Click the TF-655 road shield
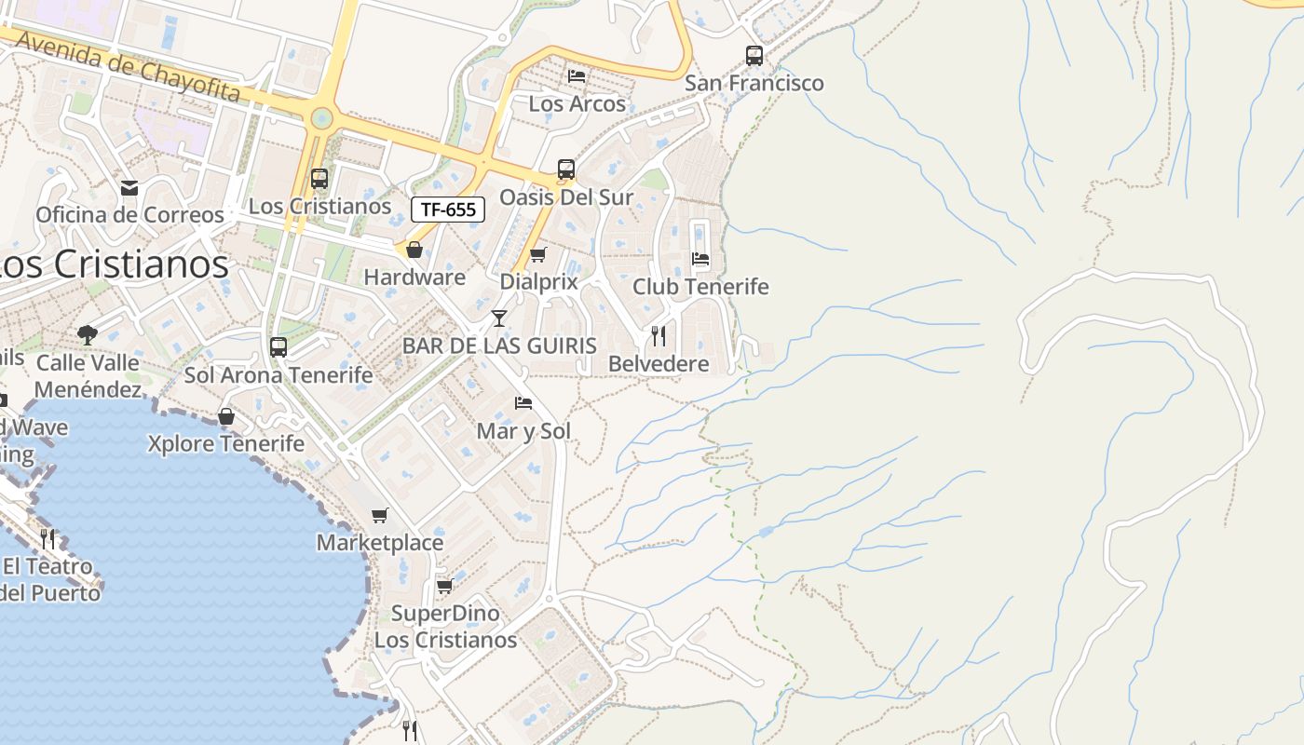448,210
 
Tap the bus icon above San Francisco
754,55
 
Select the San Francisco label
754,83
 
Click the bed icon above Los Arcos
577,75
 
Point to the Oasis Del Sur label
566,197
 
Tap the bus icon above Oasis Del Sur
566,169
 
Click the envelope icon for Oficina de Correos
129,188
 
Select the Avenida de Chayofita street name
129,66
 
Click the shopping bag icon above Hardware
414,250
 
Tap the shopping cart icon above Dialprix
537,254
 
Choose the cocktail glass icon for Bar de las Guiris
499,318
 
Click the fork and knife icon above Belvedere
659,335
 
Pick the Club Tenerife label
700,287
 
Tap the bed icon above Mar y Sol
523,403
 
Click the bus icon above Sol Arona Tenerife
278,347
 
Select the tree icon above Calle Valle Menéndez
88,334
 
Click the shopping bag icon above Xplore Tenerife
226,416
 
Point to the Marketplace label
380,542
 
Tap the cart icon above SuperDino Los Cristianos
444,587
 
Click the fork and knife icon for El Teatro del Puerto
48,538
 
